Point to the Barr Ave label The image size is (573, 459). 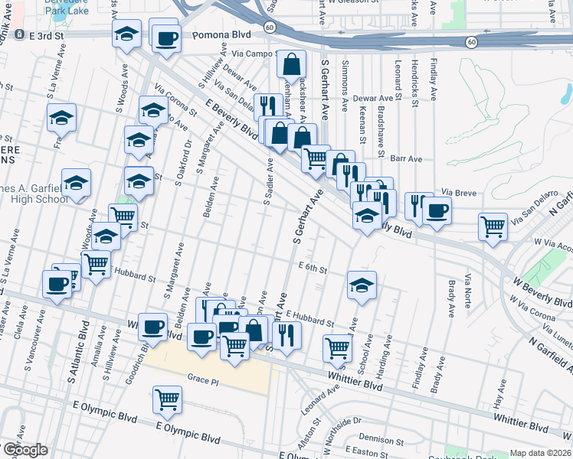coord(406,158)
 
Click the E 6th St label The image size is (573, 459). coord(313,269)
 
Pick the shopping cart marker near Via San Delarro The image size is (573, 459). coord(493,226)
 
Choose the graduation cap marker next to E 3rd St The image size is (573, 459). coord(127,34)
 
